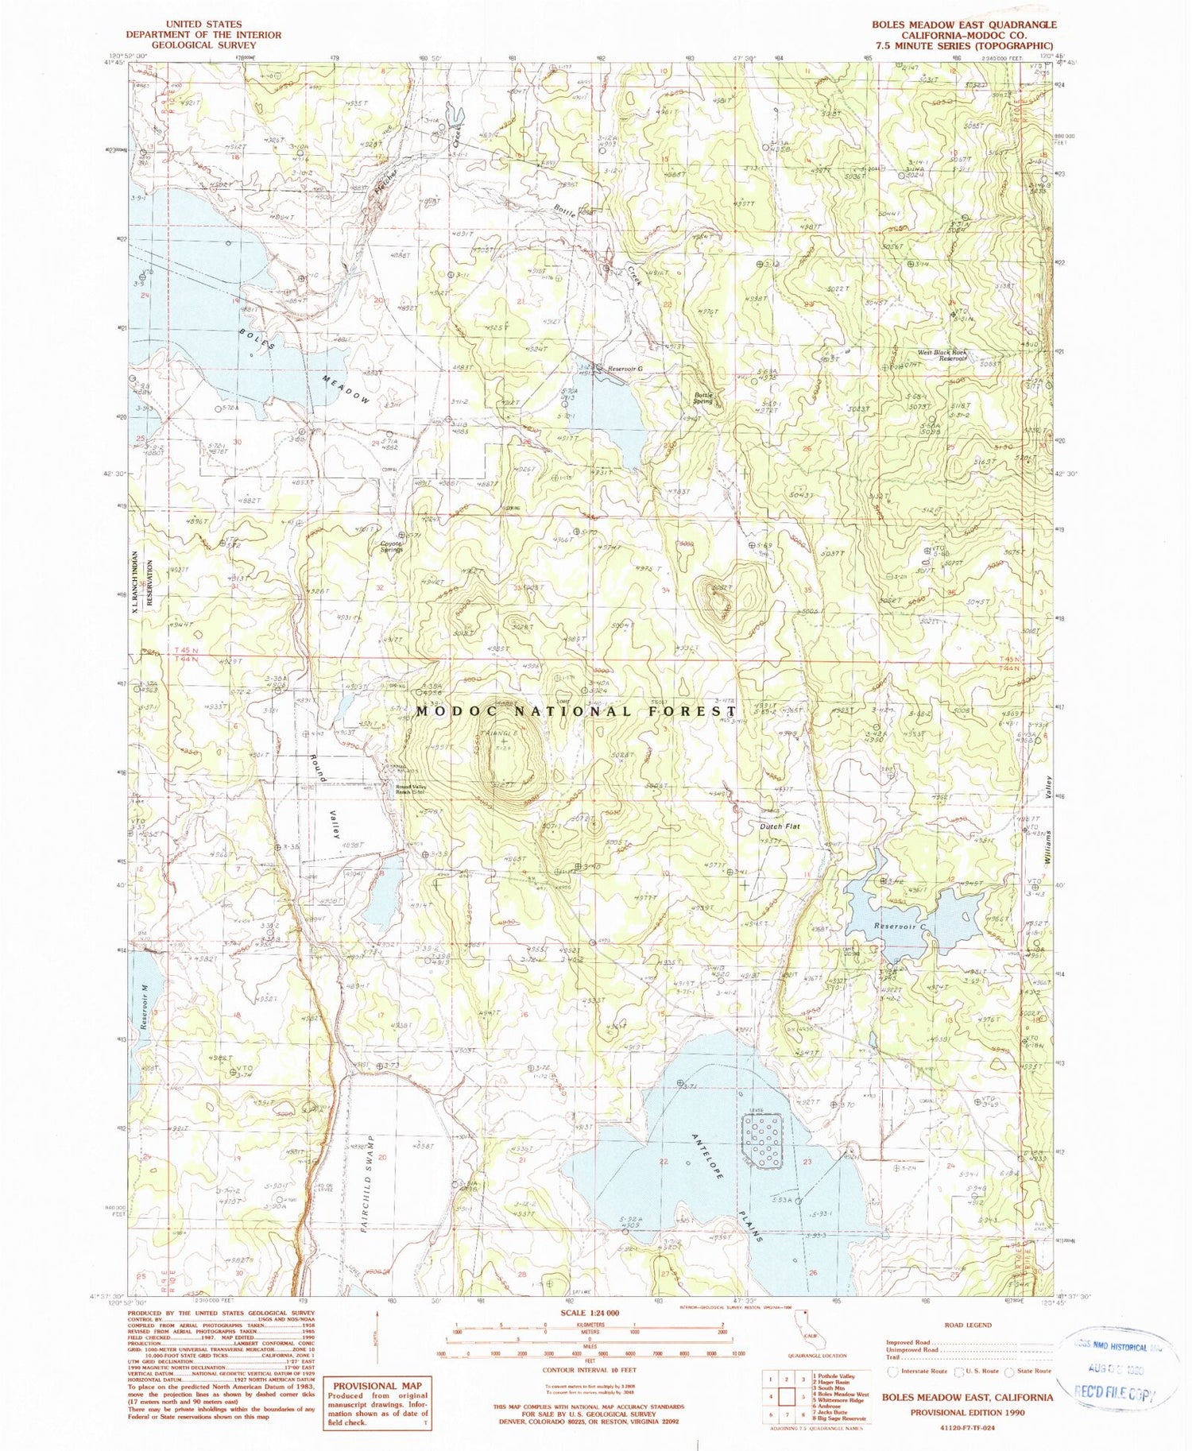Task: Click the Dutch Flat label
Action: [x=779, y=826]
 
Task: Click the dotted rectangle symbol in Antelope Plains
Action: [x=763, y=1141]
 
